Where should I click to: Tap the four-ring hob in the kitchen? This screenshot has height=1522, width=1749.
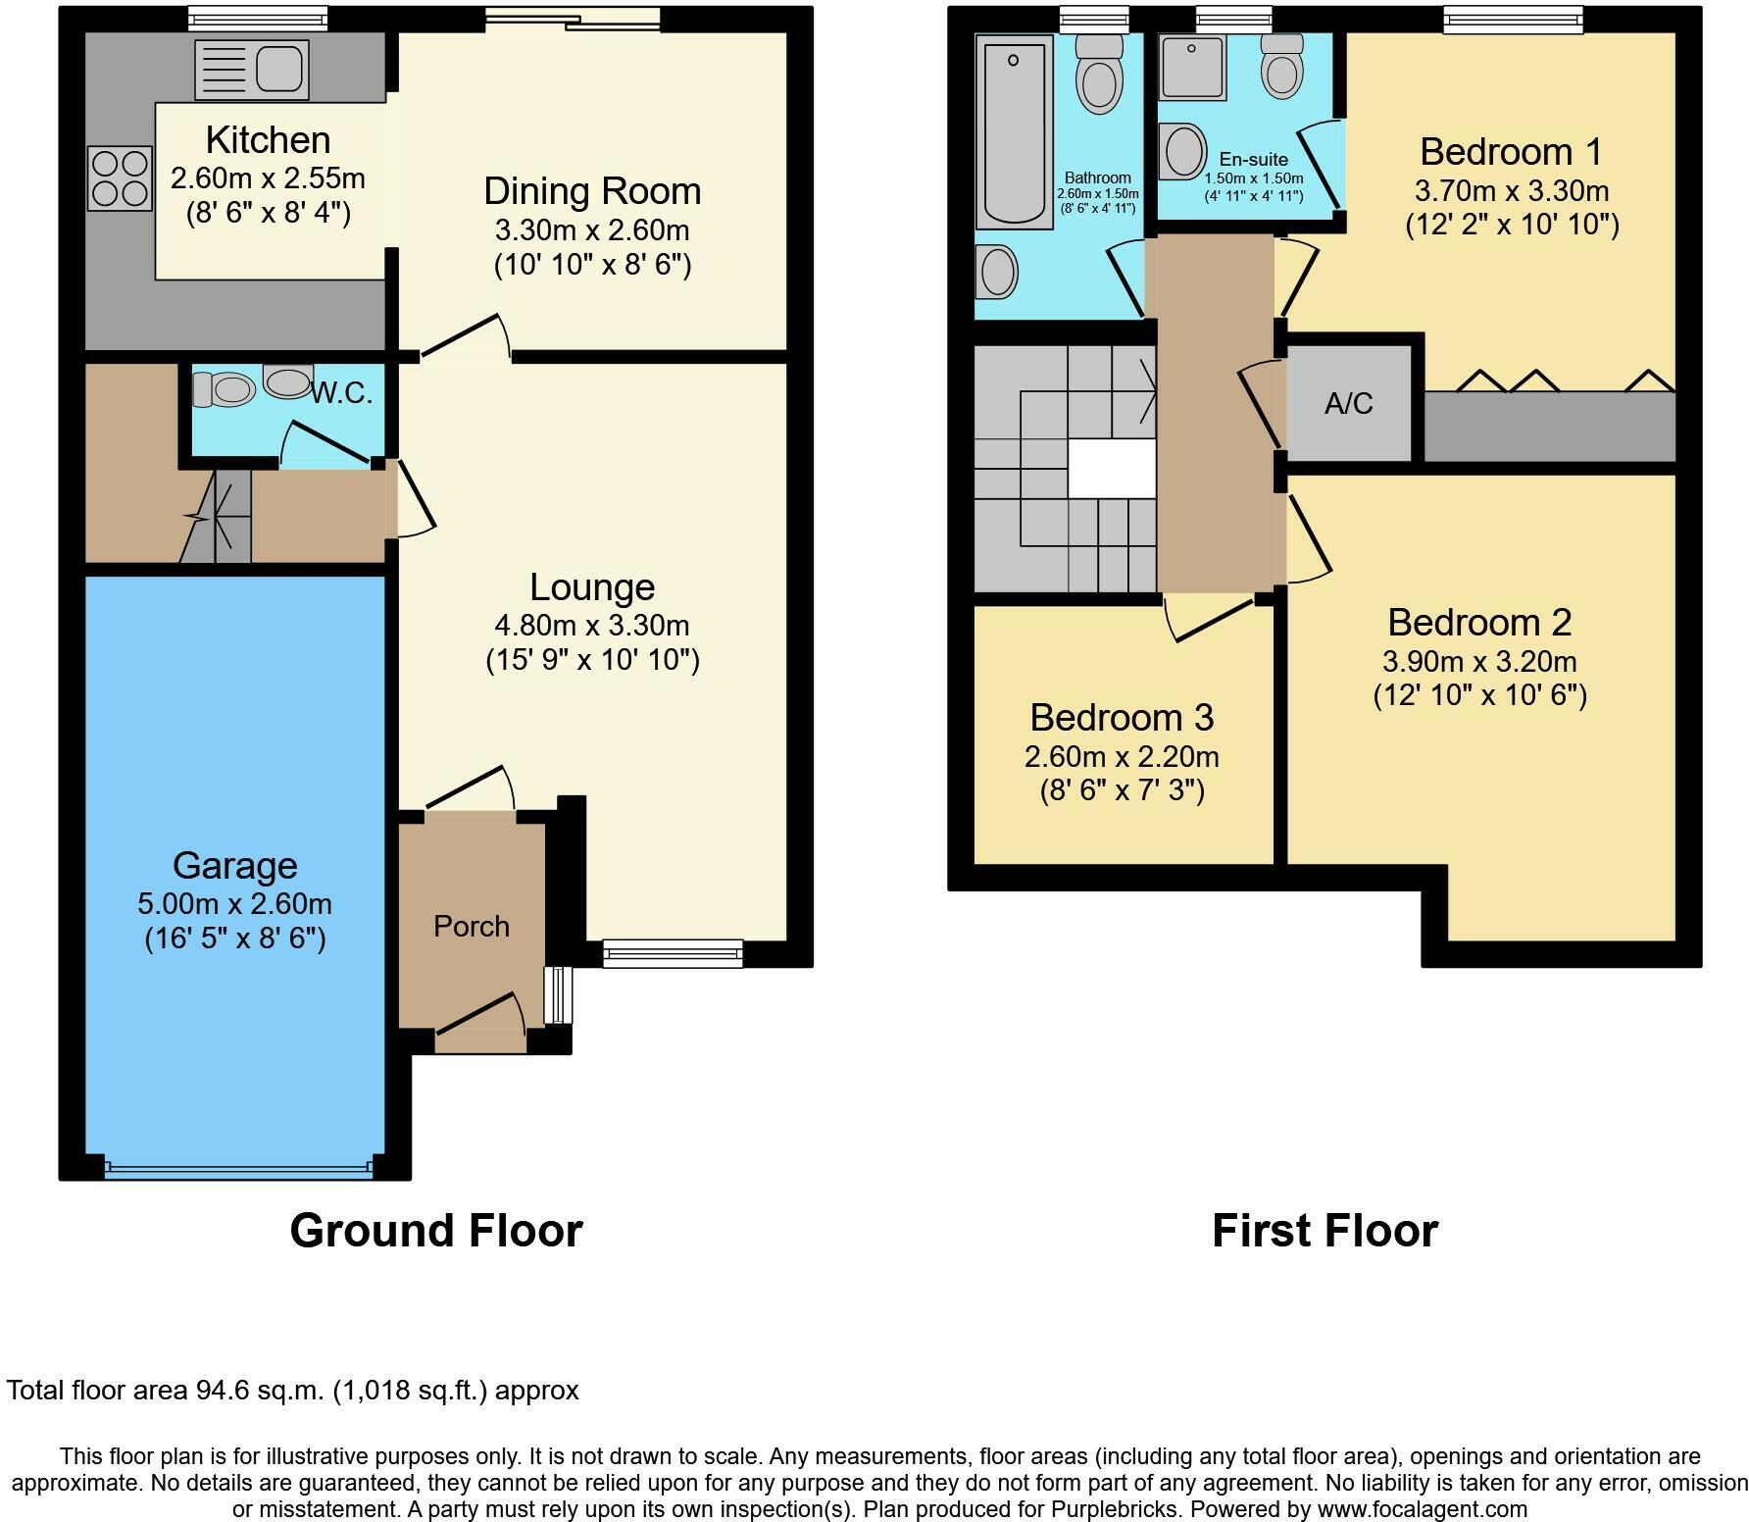point(121,178)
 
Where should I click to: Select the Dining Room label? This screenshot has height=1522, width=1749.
point(592,190)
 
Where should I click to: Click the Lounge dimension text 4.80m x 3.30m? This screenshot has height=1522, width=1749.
point(592,625)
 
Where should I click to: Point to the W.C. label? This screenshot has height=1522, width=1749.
point(341,394)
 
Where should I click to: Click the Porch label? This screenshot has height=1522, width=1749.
point(472,926)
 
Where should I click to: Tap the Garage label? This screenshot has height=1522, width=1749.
point(234,865)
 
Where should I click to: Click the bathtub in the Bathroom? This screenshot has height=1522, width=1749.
point(1013,128)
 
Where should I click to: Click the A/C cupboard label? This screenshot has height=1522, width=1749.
point(1348,403)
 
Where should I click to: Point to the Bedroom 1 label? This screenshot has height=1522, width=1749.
point(1511,152)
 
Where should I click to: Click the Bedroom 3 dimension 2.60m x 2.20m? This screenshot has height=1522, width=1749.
point(1122,756)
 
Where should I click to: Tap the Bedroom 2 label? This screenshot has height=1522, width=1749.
point(1479,622)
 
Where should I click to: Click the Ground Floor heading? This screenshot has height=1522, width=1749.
point(436,1230)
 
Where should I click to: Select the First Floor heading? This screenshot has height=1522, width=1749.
point(1324,1230)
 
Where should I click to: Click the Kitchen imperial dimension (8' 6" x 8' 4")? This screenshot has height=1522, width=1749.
point(268,213)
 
